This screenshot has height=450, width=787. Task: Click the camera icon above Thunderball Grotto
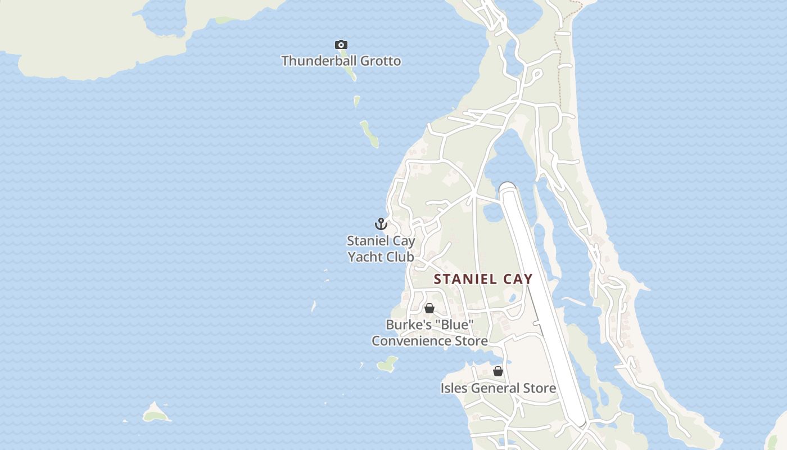(341, 45)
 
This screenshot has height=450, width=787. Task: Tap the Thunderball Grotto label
(341, 61)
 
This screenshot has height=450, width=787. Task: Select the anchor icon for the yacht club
(381, 224)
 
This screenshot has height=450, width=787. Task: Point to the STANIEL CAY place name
(483, 279)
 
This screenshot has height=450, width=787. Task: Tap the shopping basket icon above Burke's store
(429, 308)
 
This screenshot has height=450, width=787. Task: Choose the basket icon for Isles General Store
(497, 371)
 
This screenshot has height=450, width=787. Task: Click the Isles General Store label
(498, 388)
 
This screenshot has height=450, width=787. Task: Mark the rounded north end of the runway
(508, 188)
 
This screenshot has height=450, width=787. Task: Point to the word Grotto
(381, 61)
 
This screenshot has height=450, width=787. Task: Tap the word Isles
(454, 388)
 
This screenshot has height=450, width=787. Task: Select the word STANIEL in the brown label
(465, 279)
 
